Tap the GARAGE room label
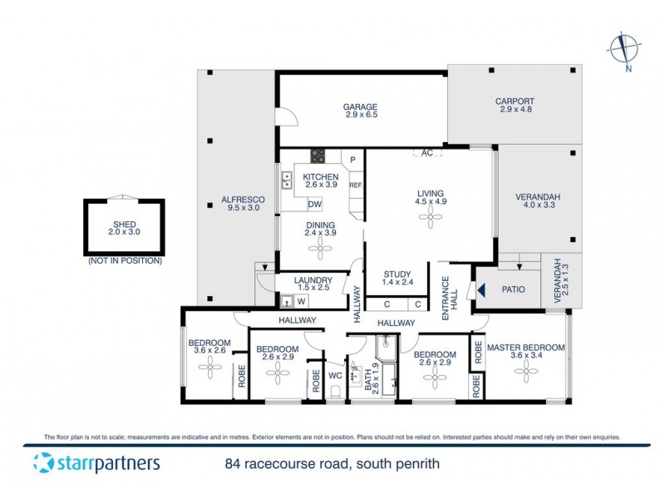click(361, 106)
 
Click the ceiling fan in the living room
click(431, 219)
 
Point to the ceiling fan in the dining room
click(319, 248)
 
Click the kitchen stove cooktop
click(318, 156)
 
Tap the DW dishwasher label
click(315, 205)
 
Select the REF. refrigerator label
click(355, 185)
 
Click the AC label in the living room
click(427, 153)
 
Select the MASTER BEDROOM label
click(525, 347)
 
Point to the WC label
click(337, 375)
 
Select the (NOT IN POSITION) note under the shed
click(124, 260)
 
